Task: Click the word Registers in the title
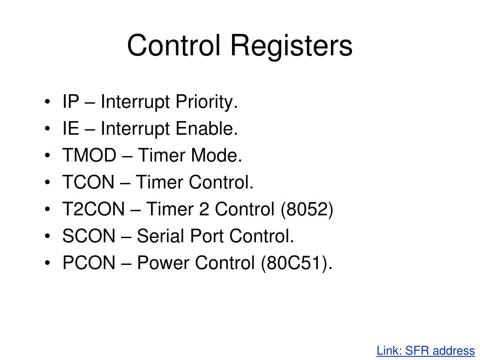tap(291, 46)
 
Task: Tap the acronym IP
tap(71, 102)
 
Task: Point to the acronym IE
tap(71, 128)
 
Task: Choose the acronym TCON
tap(89, 182)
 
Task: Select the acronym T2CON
tap(94, 210)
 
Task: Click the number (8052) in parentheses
tap(307, 210)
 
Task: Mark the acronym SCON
tap(89, 237)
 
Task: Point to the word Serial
tap(157, 237)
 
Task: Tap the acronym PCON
tap(89, 263)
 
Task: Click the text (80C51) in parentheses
tap(296, 263)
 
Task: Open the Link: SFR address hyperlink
tap(426, 351)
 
